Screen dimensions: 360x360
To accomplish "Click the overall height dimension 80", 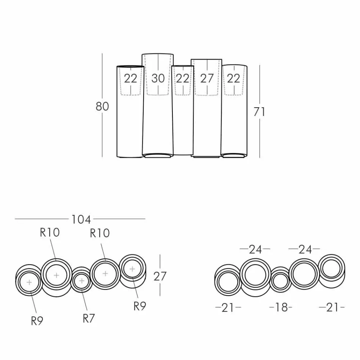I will pos(102,106).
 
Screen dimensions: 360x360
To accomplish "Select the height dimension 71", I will pos(260,112).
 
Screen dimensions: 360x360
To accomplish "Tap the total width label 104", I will pos(81,219).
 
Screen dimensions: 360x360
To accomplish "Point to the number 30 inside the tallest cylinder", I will pos(158,78).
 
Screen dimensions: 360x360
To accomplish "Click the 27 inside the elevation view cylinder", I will pos(207,78).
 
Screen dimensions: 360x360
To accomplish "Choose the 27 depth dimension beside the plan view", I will pos(160,276).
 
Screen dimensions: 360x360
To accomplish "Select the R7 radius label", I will pos(88,318).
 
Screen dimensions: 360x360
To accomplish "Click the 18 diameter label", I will pos(281,307).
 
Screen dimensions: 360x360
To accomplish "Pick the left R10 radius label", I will pos(50,232).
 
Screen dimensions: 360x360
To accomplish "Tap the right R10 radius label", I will pos(100,233).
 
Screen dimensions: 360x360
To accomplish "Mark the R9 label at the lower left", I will pos(37,321).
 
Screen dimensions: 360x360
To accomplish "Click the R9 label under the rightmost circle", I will pos(140,306).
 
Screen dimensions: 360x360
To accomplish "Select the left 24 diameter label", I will pos(255,249).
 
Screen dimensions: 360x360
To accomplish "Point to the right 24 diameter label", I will pos(305,249).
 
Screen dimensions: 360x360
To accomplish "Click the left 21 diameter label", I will pos(228,308).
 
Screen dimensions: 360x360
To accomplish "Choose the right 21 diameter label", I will pos(332,307).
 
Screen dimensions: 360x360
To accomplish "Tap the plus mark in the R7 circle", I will pos(81,281).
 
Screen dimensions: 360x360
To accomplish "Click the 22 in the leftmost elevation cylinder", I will pos(130,78).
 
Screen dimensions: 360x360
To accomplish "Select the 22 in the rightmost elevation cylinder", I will pos(233,78).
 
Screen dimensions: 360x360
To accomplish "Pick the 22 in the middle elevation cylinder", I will pos(182,78).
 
